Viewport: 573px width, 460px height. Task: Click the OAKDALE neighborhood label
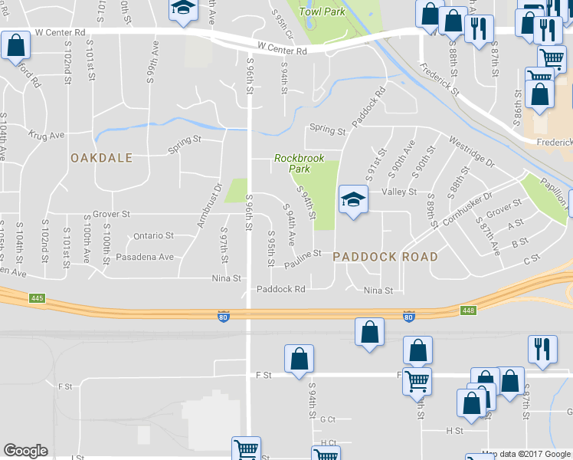101,158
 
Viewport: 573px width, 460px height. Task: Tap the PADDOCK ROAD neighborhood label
385,257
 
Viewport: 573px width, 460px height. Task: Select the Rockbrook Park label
300,163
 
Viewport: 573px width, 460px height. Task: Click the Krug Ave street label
47,134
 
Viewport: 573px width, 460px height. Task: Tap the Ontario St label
153,236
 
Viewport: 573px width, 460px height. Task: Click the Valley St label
403,192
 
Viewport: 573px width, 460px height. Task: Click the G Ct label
328,419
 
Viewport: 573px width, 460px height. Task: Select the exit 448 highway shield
470,310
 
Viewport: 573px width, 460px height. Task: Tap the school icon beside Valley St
353,201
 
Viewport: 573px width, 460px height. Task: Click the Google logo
25,451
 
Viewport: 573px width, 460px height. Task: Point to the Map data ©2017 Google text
526,454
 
